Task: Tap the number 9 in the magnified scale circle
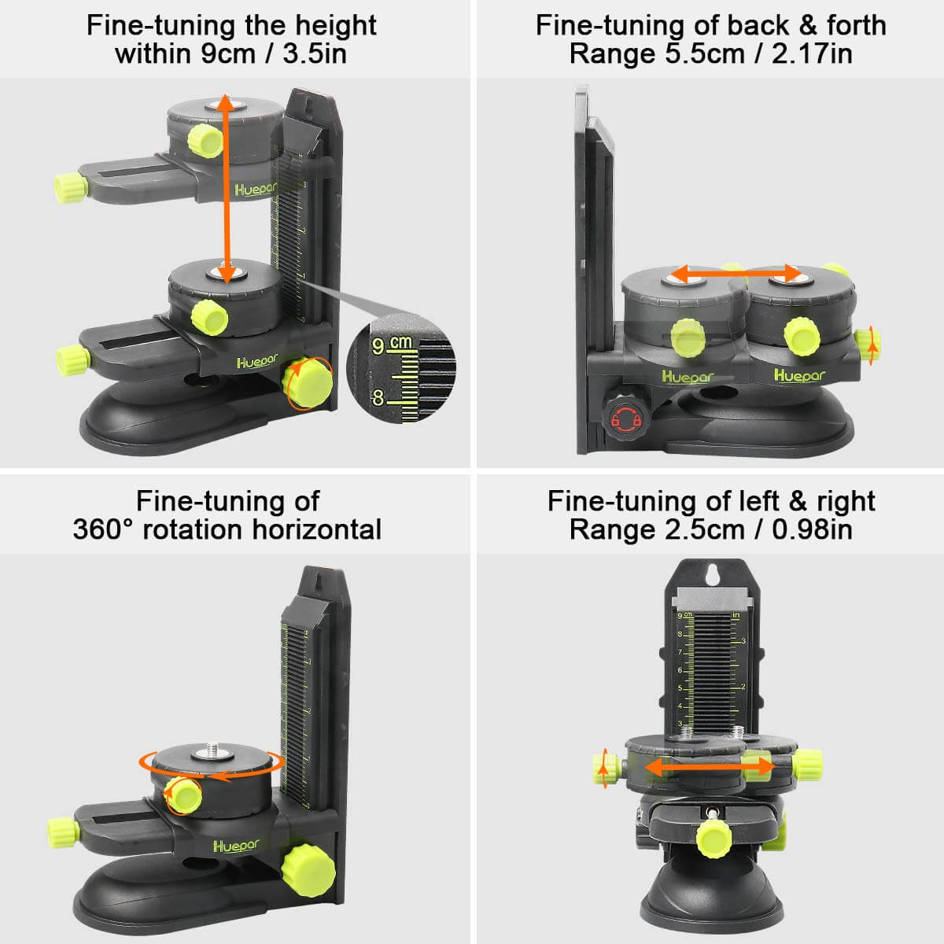[379, 346]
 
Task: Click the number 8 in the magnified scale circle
[378, 397]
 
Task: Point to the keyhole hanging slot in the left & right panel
[714, 576]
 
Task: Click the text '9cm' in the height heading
[226, 54]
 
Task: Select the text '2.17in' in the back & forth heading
[813, 54]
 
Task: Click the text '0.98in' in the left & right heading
[812, 529]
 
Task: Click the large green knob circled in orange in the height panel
[308, 383]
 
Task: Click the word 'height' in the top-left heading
[335, 25]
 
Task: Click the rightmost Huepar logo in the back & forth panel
[800, 375]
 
